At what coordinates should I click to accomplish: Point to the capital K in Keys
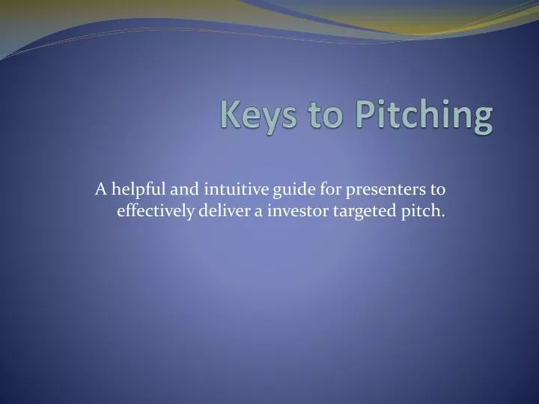tap(231, 117)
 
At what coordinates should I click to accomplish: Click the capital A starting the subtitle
tap(100, 189)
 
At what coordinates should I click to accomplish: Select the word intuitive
tap(225, 189)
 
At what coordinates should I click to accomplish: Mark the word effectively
tap(153, 211)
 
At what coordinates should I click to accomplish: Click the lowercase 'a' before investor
tap(258, 212)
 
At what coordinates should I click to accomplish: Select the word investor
tap(294, 211)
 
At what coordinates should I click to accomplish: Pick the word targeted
tap(357, 212)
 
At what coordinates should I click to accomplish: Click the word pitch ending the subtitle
tap(423, 212)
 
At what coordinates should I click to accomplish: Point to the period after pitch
tap(443, 215)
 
